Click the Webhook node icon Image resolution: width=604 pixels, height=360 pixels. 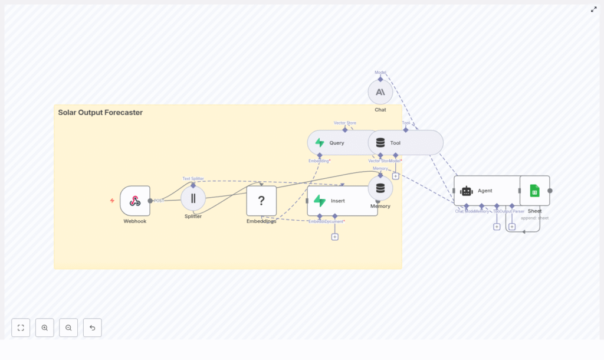click(x=134, y=201)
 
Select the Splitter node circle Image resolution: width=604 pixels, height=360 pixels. click(x=193, y=198)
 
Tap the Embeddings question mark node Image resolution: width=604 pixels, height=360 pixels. click(x=261, y=201)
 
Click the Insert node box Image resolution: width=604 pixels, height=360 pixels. click(x=342, y=201)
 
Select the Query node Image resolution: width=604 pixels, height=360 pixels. click(x=336, y=143)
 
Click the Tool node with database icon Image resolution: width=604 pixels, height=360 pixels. click(x=406, y=143)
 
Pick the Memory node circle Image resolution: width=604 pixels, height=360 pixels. click(x=380, y=188)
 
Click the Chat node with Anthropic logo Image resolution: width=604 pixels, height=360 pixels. click(x=380, y=92)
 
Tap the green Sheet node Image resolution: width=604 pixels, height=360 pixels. click(x=534, y=191)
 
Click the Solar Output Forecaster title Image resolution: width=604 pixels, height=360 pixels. click(x=100, y=112)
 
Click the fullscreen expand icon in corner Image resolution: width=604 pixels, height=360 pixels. click(x=593, y=9)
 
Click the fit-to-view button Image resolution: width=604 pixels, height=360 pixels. click(x=21, y=328)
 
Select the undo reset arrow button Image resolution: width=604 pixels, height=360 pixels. click(x=92, y=328)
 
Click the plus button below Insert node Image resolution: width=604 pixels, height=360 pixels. click(x=334, y=237)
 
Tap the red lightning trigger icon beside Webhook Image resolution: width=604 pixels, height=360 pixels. click(x=112, y=201)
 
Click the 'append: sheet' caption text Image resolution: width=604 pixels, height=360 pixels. click(x=534, y=218)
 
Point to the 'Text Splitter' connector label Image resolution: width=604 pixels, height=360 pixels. click(x=193, y=178)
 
